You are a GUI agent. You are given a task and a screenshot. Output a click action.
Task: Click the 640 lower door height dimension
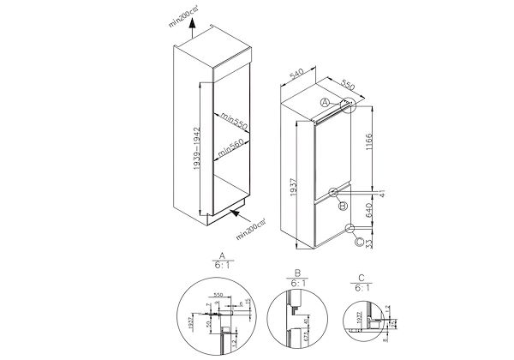367,210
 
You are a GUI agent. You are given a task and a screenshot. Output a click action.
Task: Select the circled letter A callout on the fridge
325,104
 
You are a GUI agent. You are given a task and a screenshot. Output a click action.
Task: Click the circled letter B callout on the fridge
343,206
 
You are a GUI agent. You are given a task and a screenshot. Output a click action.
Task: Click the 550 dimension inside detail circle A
218,296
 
